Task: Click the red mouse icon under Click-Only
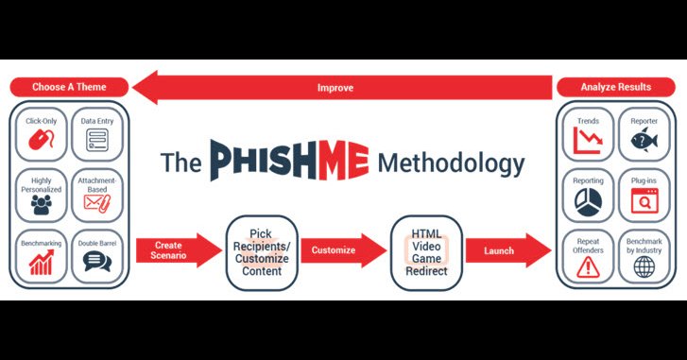click(42, 140)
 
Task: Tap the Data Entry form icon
click(97, 140)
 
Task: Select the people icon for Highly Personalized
click(42, 204)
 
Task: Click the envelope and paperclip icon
click(97, 203)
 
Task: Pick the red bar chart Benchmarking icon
click(42, 263)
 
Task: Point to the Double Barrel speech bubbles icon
click(97, 262)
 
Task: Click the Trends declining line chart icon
click(588, 140)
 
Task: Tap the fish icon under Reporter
click(644, 141)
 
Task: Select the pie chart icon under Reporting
click(588, 203)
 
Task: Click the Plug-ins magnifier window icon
click(644, 201)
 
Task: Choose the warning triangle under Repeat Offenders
click(588, 266)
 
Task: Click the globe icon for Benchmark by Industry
click(644, 266)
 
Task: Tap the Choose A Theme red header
click(69, 87)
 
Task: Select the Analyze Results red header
click(616, 87)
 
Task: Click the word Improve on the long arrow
click(335, 88)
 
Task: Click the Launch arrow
click(508, 250)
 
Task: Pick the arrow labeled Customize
click(344, 250)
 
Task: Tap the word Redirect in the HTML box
click(426, 271)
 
